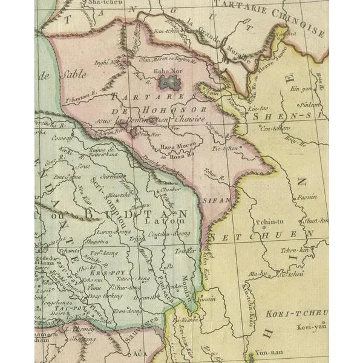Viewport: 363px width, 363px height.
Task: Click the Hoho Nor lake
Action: (x=172, y=83)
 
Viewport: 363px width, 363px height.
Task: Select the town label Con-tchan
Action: (x=272, y=128)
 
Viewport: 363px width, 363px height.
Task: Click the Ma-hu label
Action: (x=257, y=274)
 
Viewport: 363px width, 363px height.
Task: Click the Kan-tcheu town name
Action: (x=151, y=30)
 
